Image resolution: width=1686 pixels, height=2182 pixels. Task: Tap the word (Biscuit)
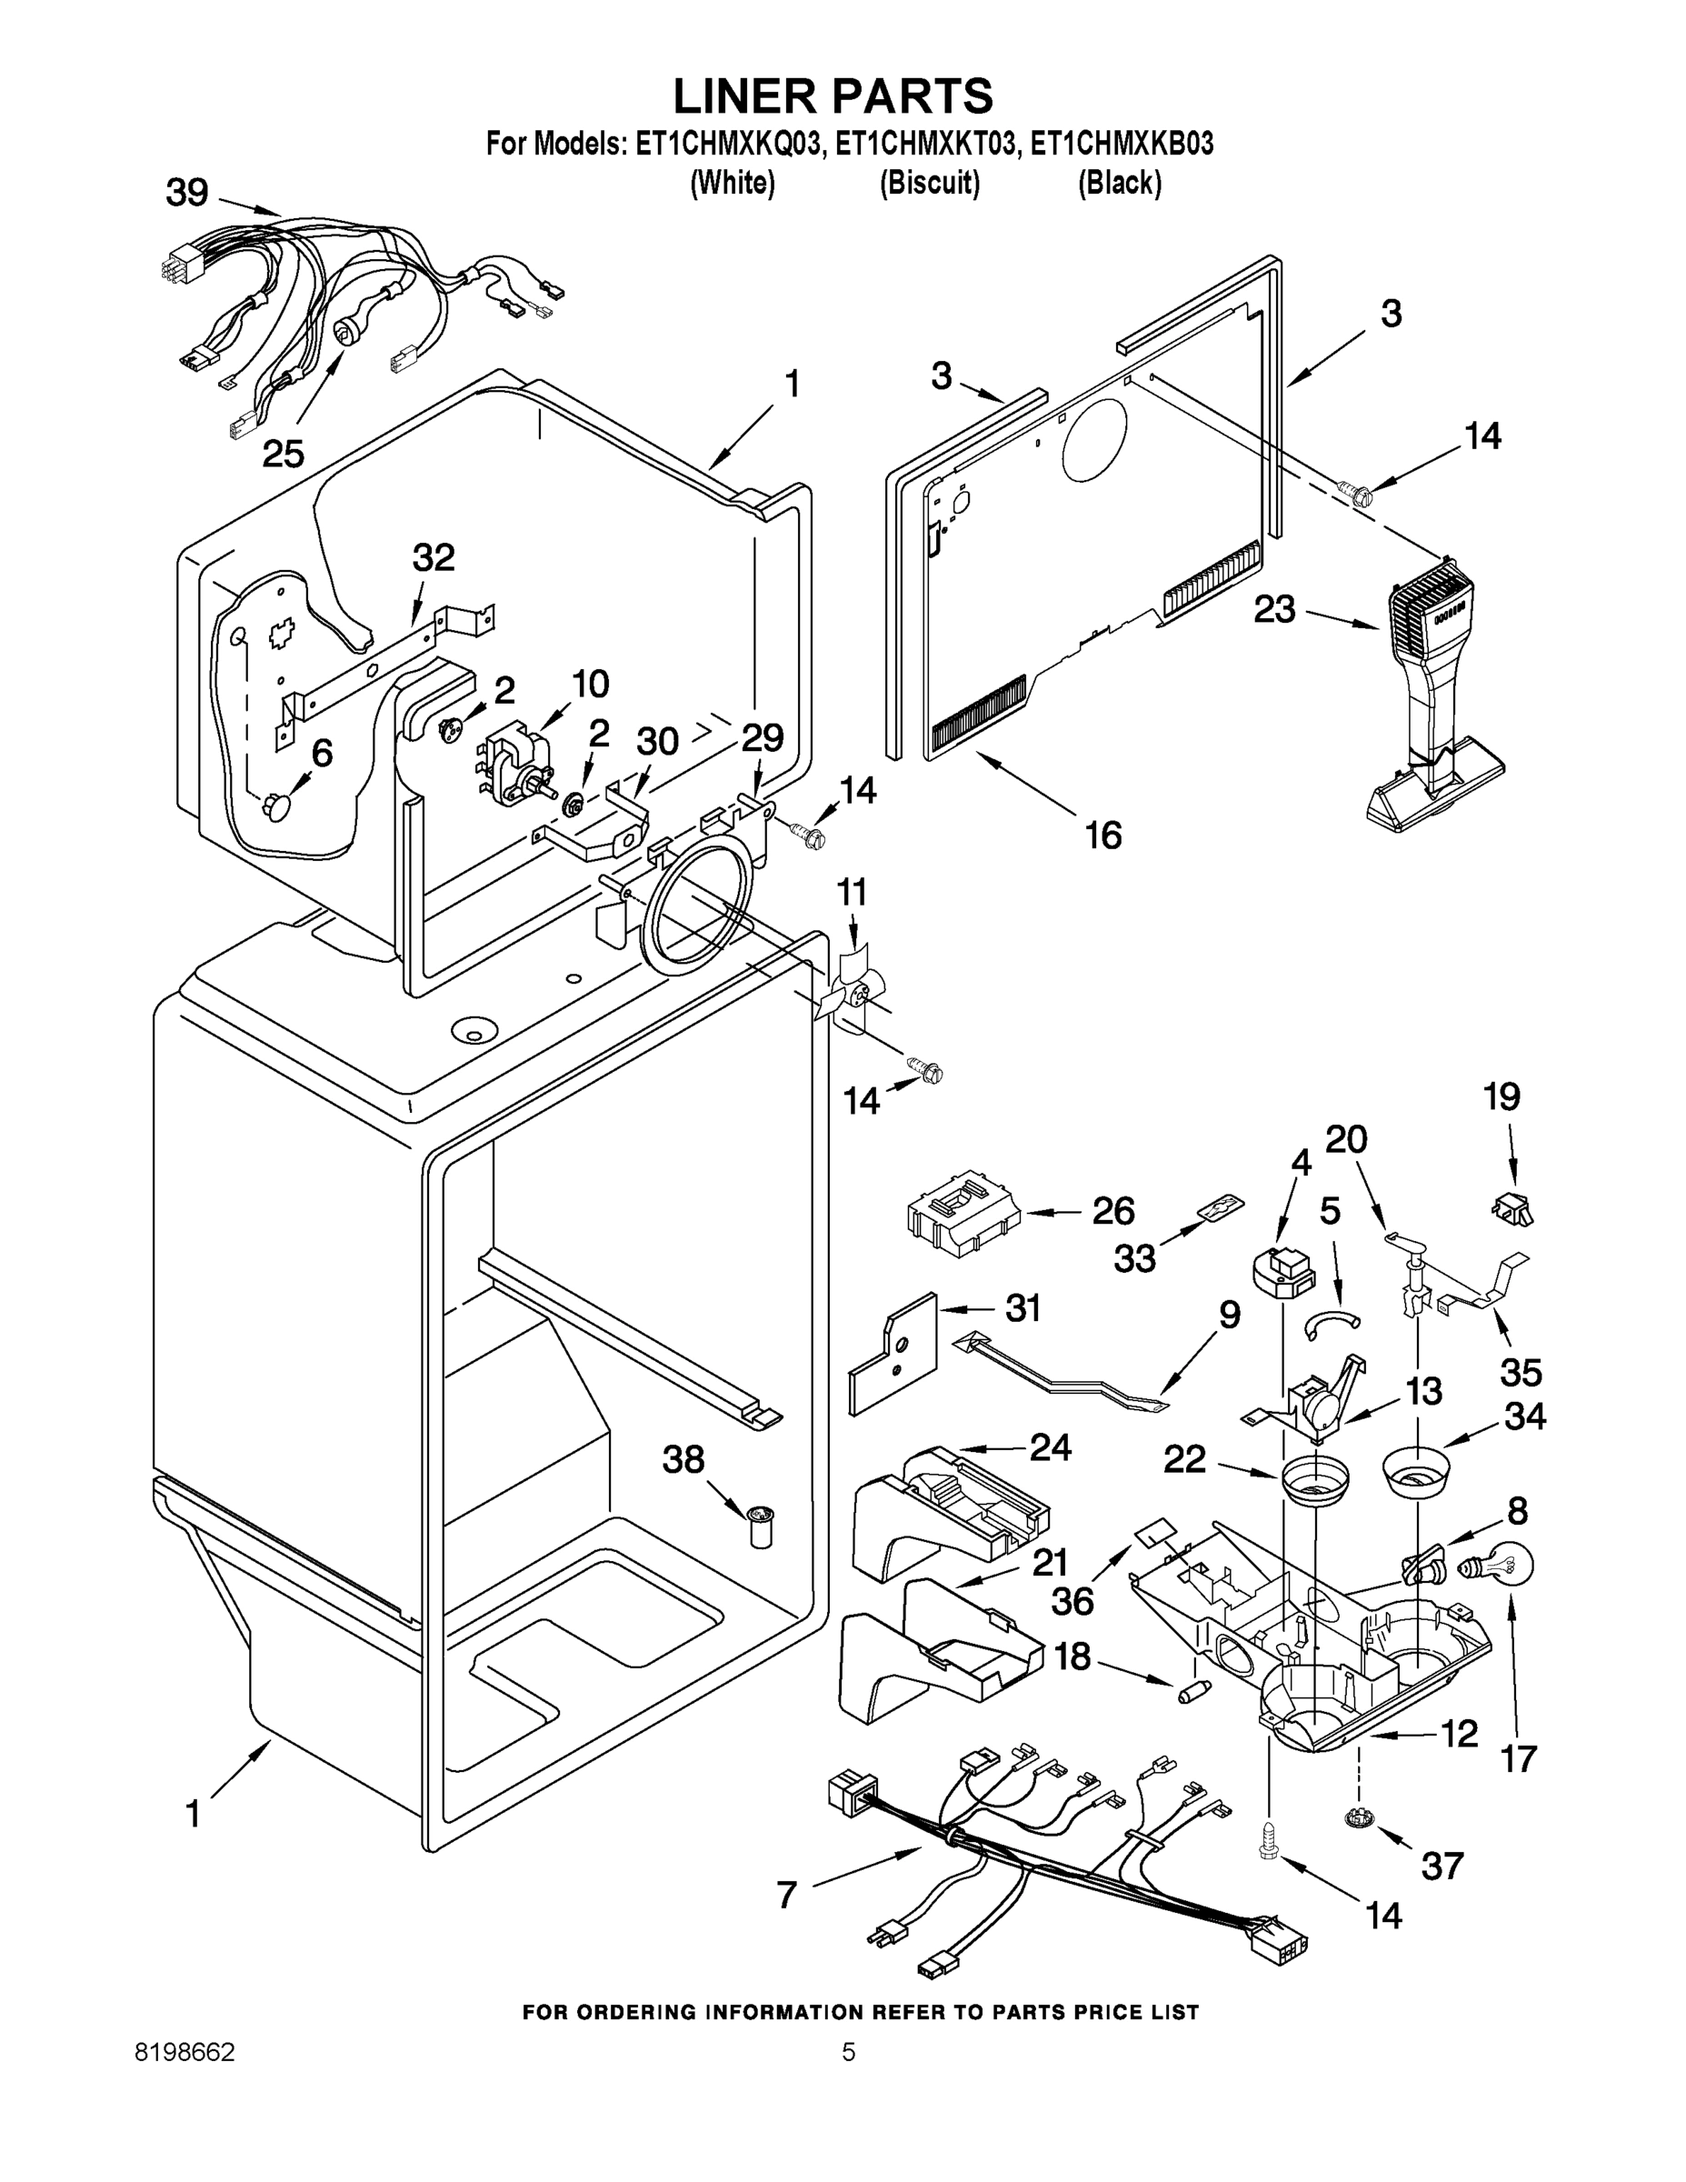tap(929, 184)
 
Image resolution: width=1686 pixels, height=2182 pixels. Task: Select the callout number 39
tap(187, 193)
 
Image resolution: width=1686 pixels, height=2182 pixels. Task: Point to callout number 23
tap(1275, 608)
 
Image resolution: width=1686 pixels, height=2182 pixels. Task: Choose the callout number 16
tap(1102, 835)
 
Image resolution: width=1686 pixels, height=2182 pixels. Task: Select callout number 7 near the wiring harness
tap(787, 1895)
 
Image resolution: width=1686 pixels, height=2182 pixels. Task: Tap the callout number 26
tap(1112, 1211)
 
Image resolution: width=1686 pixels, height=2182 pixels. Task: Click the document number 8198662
tap(185, 2052)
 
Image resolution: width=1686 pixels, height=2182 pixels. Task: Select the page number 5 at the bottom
tap(848, 2052)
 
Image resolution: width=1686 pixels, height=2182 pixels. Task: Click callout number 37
tap(1442, 1865)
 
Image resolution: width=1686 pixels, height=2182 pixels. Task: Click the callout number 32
tap(434, 557)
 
